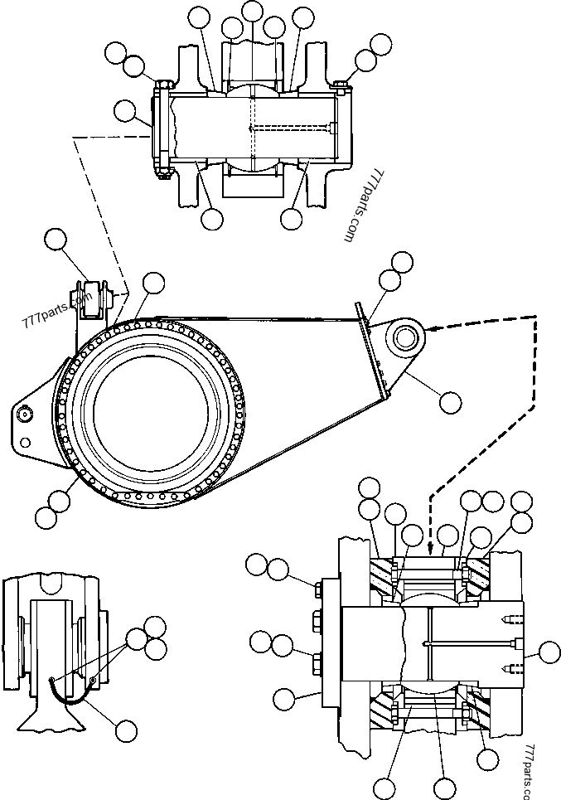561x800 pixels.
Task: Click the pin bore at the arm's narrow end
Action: (409, 337)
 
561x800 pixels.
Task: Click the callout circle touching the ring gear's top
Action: (153, 283)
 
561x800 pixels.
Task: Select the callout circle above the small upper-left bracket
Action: (56, 240)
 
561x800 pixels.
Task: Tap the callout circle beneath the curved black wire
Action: (126, 730)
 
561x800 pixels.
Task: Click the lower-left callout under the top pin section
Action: (212, 219)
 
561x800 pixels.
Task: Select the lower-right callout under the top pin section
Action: (291, 219)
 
